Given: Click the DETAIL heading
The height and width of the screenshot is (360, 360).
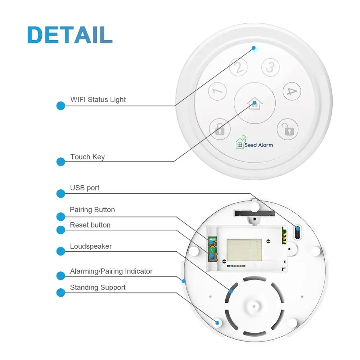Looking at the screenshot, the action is (70, 35).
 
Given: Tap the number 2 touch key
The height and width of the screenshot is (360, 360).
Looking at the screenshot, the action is (238, 67).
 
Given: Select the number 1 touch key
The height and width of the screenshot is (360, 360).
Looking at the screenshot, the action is (217, 91).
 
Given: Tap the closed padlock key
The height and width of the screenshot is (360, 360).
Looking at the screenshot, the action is (220, 129).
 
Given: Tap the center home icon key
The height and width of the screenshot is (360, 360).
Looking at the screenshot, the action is (255, 103).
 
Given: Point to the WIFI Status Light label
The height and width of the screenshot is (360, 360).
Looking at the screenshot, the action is (98, 99).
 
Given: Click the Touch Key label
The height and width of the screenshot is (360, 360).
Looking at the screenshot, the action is (87, 157).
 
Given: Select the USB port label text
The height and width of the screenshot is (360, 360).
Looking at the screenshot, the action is (85, 188).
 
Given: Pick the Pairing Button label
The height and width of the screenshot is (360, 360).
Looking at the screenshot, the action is (92, 210).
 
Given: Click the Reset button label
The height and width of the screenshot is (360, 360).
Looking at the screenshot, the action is (90, 225).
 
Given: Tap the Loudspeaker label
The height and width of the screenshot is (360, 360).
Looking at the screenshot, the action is (91, 247).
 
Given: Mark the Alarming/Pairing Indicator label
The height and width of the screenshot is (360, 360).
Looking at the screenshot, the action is (111, 271).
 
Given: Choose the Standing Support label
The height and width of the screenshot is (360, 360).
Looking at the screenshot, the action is (98, 288).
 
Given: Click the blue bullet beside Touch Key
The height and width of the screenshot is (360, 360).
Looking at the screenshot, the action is (61, 162).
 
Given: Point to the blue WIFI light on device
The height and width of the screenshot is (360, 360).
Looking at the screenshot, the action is (254, 48).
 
